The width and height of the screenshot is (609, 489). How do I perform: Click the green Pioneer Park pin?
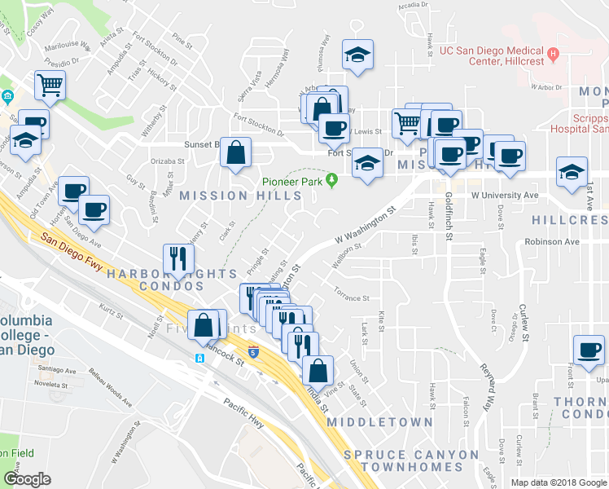pos(331,180)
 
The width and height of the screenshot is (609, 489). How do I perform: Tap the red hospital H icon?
pos(553,55)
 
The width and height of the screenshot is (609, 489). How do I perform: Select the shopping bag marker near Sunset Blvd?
pos(235,153)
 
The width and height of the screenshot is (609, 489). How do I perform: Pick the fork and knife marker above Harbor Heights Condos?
pos(177,259)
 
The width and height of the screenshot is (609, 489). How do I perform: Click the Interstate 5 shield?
pos(254,352)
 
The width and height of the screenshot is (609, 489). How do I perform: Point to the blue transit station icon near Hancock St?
pos(199,358)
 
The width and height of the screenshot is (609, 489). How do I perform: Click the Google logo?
pos(27,479)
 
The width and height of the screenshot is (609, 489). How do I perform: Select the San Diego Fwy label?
pos(70,249)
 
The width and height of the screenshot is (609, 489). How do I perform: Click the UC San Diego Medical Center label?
pos(492,55)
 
